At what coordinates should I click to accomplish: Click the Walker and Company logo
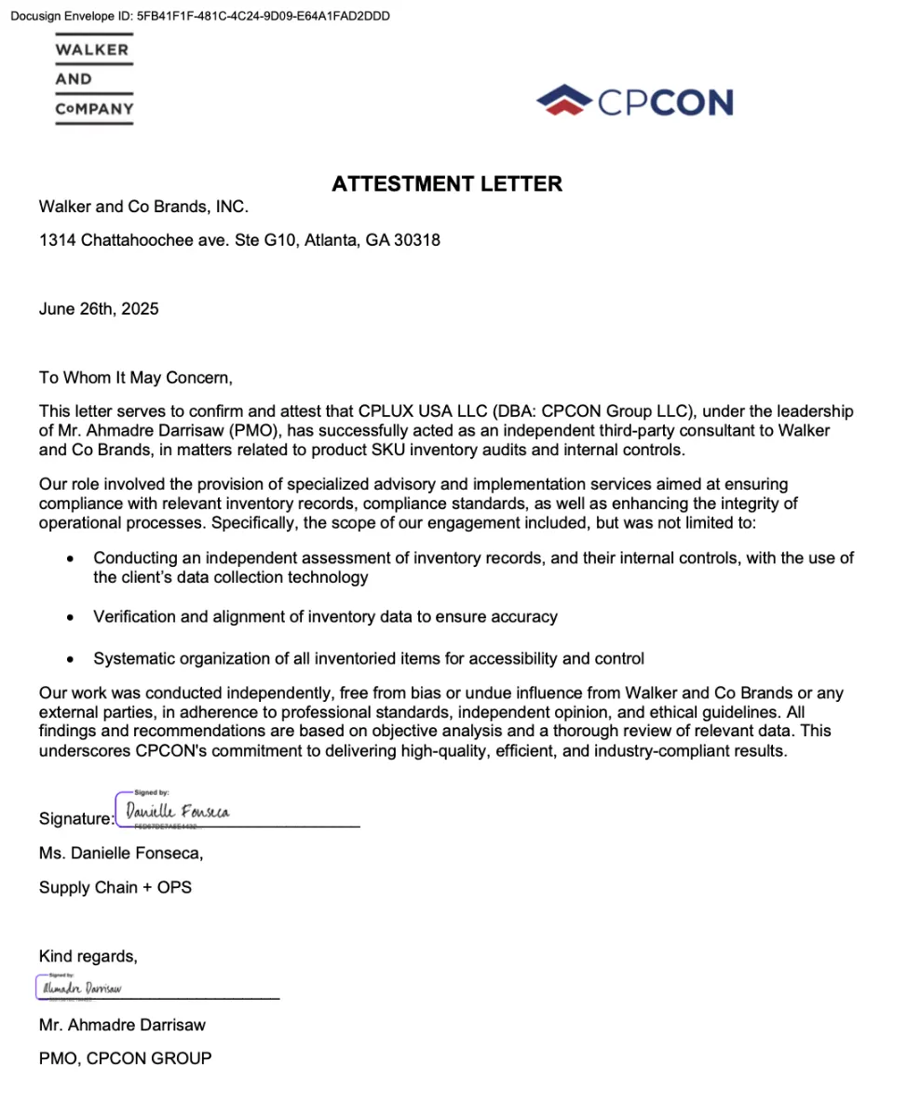click(94, 80)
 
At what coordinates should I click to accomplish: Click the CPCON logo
click(634, 101)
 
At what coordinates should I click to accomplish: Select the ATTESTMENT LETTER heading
click(447, 183)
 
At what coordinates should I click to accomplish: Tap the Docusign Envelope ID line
click(200, 16)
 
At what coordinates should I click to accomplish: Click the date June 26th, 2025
click(99, 309)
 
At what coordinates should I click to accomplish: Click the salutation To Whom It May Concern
click(136, 378)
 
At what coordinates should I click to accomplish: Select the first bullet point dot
click(71, 559)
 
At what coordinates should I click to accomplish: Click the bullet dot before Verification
click(71, 617)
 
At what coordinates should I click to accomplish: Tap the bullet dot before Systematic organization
click(71, 659)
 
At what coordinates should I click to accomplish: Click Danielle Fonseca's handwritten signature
click(177, 812)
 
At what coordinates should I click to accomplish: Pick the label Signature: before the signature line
click(75, 819)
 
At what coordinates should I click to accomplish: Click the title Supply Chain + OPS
click(115, 887)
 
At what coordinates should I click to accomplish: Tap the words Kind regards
click(88, 956)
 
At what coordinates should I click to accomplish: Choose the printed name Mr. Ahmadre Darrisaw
click(122, 1025)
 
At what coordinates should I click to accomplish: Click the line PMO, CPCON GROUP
click(125, 1058)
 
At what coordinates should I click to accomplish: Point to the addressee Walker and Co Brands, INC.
click(143, 207)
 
